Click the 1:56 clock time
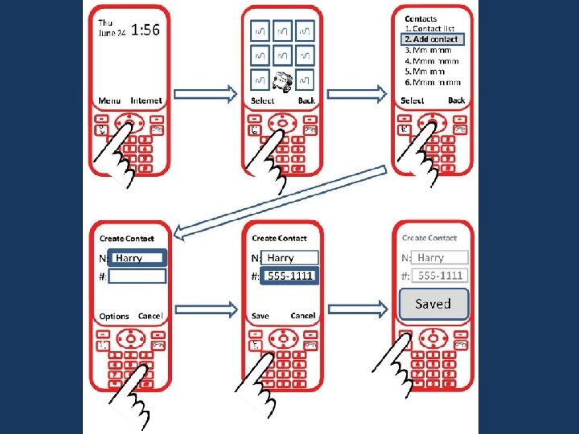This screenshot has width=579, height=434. point(145,31)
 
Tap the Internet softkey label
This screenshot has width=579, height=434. point(146,100)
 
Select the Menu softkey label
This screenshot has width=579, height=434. point(109,100)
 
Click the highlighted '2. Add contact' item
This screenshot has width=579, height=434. point(432,39)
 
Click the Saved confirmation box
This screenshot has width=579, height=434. point(433,304)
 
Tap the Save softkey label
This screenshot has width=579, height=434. point(260,316)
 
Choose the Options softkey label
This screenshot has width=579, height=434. point(113,316)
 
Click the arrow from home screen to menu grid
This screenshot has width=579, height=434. point(205,94)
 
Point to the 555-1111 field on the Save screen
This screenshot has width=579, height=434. point(289,276)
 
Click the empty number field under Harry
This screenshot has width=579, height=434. point(138,276)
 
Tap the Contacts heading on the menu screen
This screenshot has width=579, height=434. point(421,18)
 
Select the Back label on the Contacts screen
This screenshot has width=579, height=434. point(456,100)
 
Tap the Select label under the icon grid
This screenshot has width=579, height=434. point(262,100)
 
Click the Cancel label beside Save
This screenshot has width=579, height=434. point(302,316)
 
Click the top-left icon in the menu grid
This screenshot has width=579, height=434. point(260,31)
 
